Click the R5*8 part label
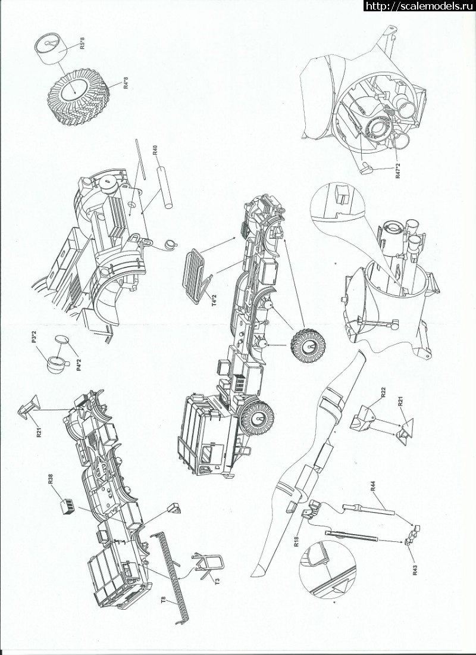[x=82, y=43]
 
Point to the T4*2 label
[x=214, y=301]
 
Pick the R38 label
[x=51, y=479]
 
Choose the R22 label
[x=383, y=392]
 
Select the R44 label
[x=373, y=486]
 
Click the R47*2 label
[x=398, y=170]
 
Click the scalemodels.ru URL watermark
[x=419, y=5]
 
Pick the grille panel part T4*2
[x=193, y=275]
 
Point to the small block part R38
[x=68, y=506]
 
